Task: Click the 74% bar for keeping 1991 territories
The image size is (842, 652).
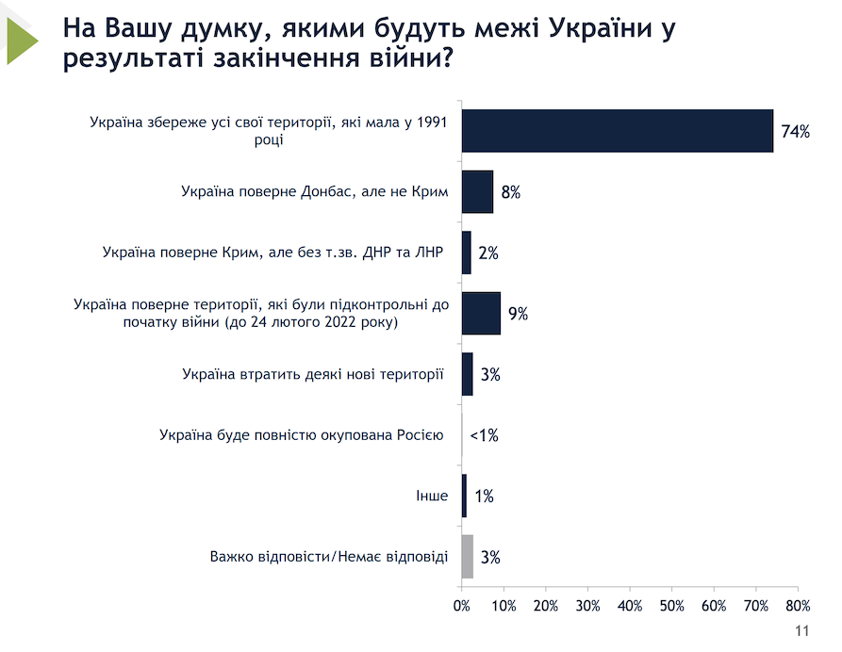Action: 617,130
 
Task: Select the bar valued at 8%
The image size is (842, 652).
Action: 477,191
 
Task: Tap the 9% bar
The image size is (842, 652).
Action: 481,313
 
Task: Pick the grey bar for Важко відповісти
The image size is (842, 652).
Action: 468,556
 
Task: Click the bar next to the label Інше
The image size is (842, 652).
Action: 464,496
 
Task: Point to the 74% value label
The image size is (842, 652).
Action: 795,131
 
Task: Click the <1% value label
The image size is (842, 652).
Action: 483,435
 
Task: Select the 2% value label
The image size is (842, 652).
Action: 487,253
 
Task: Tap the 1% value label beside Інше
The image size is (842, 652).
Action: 485,496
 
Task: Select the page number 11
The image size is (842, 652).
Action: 802,631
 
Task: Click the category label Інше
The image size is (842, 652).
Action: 432,496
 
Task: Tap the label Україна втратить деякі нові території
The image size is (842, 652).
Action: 313,374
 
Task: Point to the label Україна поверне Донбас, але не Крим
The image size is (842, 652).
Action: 314,191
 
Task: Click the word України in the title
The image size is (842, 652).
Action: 597,29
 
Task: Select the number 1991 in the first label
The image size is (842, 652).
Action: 429,122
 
